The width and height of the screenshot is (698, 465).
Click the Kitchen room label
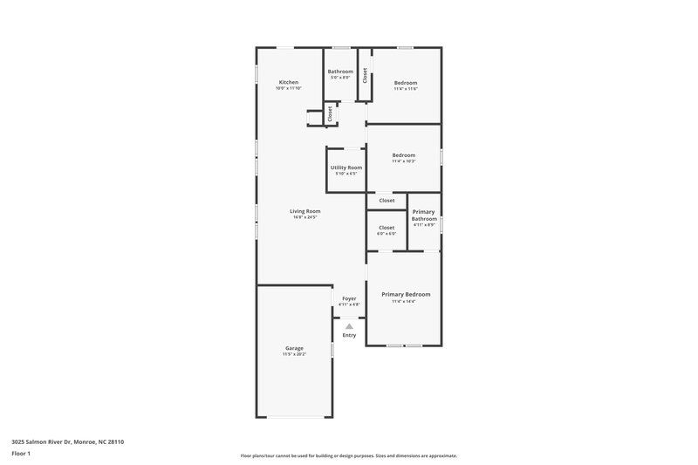click(x=288, y=82)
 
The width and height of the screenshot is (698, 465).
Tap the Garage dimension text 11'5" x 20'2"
click(x=294, y=354)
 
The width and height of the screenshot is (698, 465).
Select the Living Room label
click(x=305, y=211)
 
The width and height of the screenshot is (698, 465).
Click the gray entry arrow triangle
click(x=349, y=326)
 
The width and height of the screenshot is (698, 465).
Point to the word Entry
click(x=349, y=335)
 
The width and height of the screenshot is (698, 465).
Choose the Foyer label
click(x=349, y=298)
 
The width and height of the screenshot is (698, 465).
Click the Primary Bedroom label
click(x=406, y=294)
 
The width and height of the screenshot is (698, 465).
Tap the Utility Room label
click(x=346, y=167)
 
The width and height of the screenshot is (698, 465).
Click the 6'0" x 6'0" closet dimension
click(x=387, y=234)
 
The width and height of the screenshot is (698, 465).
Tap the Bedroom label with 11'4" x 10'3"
click(x=403, y=155)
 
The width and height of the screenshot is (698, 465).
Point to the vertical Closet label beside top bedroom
click(x=365, y=76)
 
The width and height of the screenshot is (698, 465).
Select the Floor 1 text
click(x=22, y=455)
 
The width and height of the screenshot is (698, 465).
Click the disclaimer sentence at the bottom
click(x=348, y=455)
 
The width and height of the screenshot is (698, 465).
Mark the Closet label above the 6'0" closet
click(x=387, y=201)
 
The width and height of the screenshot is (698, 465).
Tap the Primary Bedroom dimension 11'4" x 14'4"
click(x=406, y=302)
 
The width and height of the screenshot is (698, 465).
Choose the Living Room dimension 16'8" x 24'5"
click(x=305, y=218)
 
